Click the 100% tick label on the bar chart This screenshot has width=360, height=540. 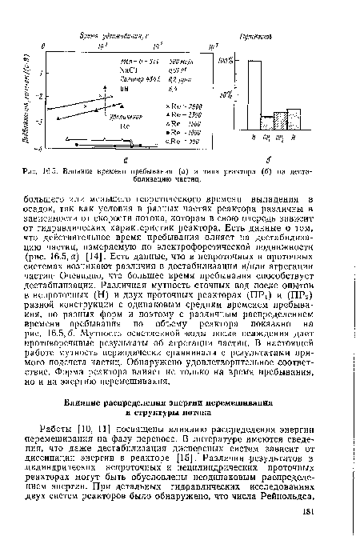[x=226, y=61]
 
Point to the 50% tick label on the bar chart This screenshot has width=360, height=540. [x=226, y=94]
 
